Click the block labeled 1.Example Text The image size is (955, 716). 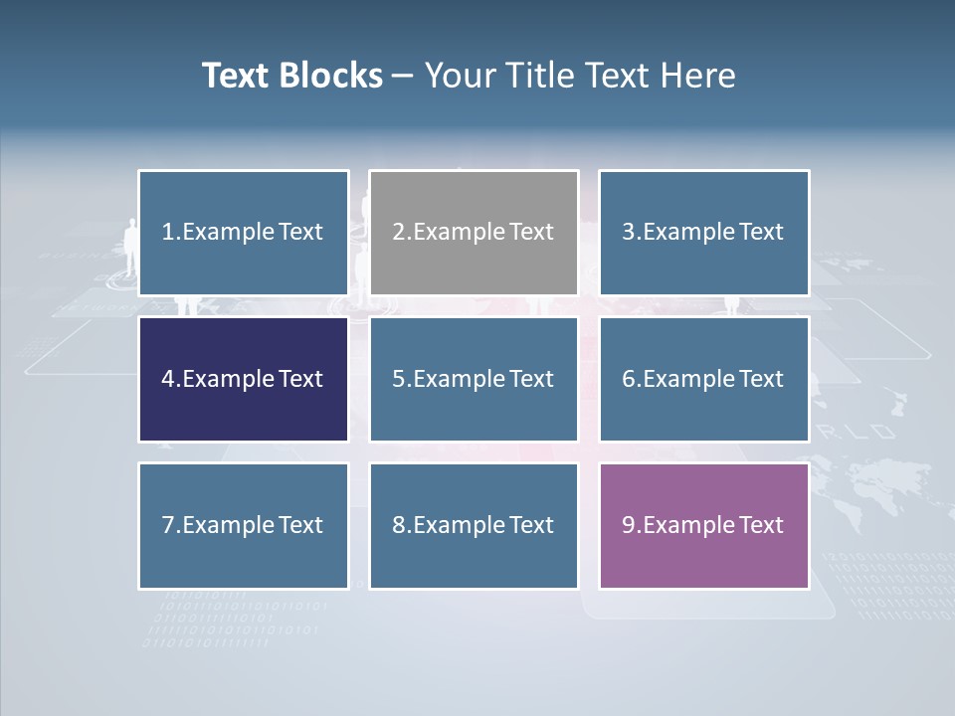tap(244, 233)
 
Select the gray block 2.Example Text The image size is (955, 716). tap(474, 233)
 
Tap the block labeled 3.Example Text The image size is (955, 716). tap(703, 233)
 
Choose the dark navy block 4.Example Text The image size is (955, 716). tap(244, 379)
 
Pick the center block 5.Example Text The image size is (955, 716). tap(474, 379)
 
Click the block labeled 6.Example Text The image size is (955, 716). tap(703, 379)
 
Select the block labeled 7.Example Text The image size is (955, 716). tap(244, 525)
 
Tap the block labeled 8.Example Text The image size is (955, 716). tap(474, 525)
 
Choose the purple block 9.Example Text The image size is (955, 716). tap(703, 525)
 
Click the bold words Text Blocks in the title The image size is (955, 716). tap(292, 76)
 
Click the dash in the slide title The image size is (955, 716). tap(403, 77)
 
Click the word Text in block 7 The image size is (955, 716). tap(300, 525)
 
